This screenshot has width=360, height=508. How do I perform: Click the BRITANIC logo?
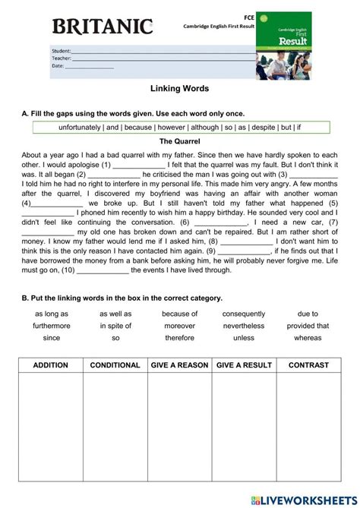(x=102, y=28)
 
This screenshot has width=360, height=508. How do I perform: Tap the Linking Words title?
(x=180, y=89)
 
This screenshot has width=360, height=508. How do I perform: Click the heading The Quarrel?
(x=180, y=141)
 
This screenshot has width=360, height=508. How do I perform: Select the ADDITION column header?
(x=51, y=365)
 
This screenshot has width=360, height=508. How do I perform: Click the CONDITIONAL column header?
(x=115, y=365)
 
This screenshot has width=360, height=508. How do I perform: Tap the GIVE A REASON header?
(x=179, y=365)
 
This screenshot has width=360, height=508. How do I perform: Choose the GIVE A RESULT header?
(x=244, y=365)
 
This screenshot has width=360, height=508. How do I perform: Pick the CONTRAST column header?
(x=308, y=365)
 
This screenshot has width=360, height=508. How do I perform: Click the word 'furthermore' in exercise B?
(x=52, y=326)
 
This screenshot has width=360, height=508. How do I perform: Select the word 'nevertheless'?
(x=244, y=326)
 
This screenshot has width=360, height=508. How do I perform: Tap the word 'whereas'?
(x=308, y=338)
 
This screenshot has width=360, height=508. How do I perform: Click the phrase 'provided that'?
(x=308, y=326)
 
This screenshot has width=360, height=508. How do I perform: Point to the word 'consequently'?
(x=244, y=314)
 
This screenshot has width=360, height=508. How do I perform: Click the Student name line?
(x=163, y=52)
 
